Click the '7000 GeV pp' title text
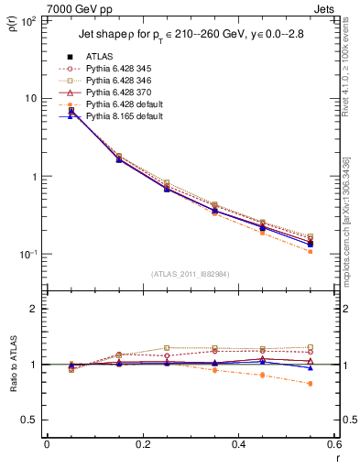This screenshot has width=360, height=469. tap(38, 7)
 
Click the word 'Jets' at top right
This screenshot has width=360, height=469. tap(328, 7)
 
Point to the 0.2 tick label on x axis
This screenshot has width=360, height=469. tap(143, 444)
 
